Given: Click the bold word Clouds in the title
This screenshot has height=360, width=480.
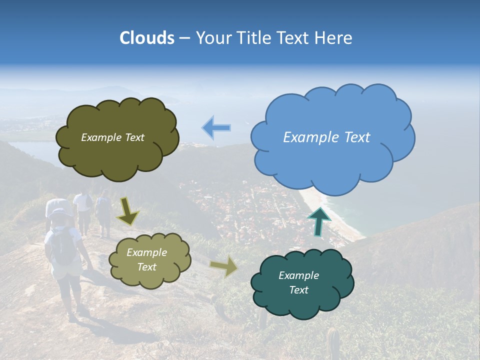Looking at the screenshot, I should [147, 38].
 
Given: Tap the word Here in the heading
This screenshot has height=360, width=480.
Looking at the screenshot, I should [333, 38].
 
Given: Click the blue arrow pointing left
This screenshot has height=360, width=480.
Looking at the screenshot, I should [216, 127].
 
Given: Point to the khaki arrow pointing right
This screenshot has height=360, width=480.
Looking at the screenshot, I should [224, 267].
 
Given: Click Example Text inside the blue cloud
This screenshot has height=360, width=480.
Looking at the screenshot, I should [326, 137].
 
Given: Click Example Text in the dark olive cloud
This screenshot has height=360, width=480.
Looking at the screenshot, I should [112, 137].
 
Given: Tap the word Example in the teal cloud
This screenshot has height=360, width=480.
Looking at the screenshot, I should [298, 275].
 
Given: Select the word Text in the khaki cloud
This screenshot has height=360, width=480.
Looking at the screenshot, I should [146, 267].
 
